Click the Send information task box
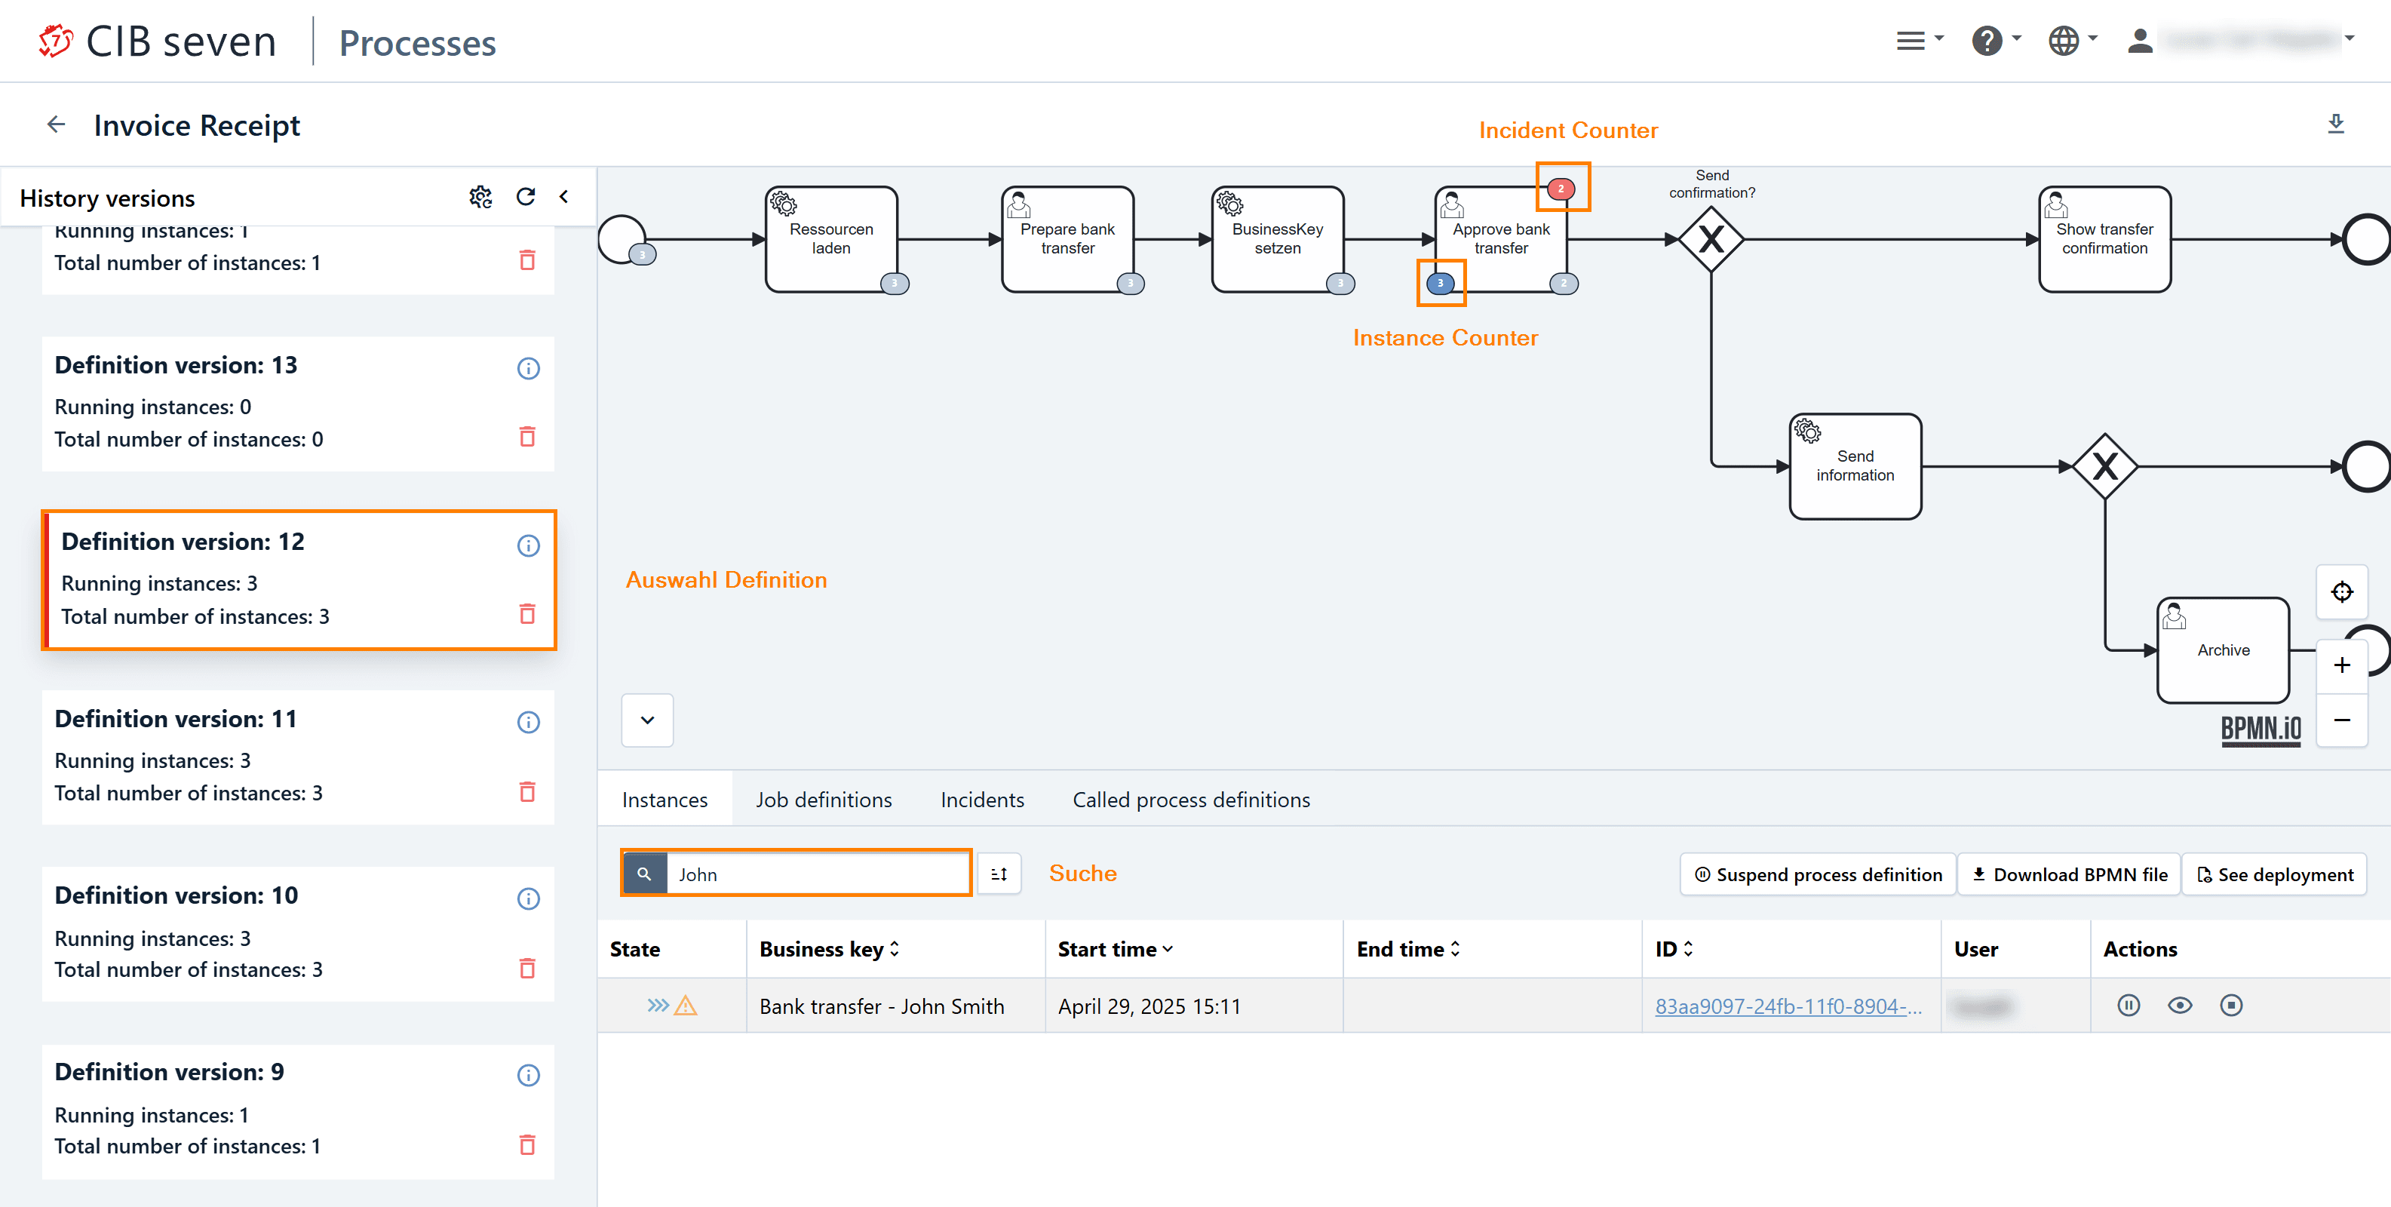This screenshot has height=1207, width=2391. click(1855, 466)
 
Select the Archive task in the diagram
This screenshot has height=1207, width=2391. click(2222, 650)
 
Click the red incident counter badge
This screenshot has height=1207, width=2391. click(1561, 189)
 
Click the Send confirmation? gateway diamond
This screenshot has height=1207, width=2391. click(1711, 240)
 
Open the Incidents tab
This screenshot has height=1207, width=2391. click(982, 800)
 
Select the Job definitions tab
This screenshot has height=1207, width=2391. click(824, 800)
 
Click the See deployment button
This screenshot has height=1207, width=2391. click(2274, 874)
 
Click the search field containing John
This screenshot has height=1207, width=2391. click(817, 874)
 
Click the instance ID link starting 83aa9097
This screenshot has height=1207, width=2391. click(1788, 1006)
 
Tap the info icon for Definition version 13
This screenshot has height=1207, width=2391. click(528, 369)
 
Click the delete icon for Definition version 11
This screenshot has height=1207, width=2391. click(527, 792)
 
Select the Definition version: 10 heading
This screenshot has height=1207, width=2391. click(176, 895)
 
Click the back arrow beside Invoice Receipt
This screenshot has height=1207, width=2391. click(57, 124)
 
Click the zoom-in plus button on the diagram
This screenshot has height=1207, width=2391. click(2342, 665)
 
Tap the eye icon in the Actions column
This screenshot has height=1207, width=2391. click(2179, 1006)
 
